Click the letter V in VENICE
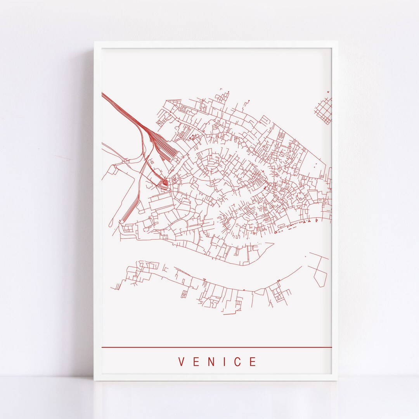(181, 362)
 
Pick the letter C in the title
(238, 362)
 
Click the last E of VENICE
(253, 362)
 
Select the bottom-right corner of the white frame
(337, 381)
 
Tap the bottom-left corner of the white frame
(95, 381)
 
